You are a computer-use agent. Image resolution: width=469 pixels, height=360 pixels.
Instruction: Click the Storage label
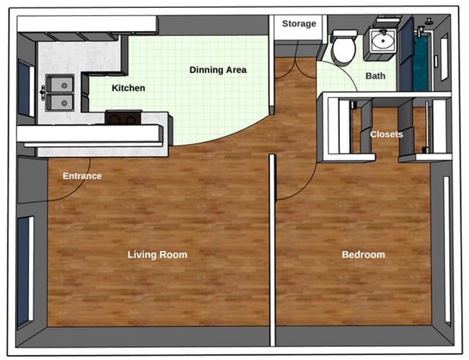point(299,24)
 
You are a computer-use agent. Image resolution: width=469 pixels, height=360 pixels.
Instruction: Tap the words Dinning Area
point(218,70)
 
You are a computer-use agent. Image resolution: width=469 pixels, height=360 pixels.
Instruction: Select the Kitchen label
point(128,88)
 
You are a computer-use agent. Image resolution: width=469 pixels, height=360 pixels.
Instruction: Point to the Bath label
point(375,75)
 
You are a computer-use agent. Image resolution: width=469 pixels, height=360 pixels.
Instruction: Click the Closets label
point(387,134)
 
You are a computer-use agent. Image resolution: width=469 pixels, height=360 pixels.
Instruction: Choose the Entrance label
point(82,176)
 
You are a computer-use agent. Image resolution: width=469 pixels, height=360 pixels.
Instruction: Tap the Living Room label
point(157,255)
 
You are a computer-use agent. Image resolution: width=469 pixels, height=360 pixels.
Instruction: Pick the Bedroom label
point(363,255)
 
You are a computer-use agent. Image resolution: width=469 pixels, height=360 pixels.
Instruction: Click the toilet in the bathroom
point(343,47)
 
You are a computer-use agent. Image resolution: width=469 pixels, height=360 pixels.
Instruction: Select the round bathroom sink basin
point(381,41)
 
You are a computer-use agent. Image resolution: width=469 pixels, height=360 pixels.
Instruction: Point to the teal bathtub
point(420,61)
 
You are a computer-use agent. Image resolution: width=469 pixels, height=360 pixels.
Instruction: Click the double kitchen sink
point(59,92)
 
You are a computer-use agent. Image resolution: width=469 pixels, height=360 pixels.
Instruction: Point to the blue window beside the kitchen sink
point(25,89)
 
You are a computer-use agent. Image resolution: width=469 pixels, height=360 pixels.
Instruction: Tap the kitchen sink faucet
point(44,92)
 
